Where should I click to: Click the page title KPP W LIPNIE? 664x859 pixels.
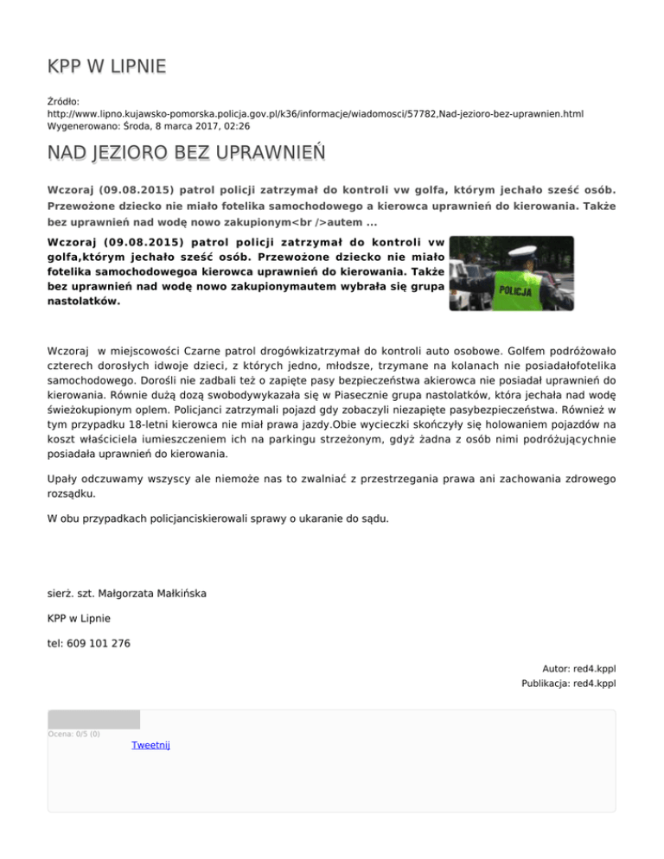point(106,67)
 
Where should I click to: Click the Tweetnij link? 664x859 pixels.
point(150,745)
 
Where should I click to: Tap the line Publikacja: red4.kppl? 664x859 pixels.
point(568,684)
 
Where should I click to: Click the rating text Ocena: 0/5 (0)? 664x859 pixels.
point(74,734)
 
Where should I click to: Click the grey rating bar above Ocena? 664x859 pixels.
point(93,719)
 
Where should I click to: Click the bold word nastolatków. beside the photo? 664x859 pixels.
point(84,302)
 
